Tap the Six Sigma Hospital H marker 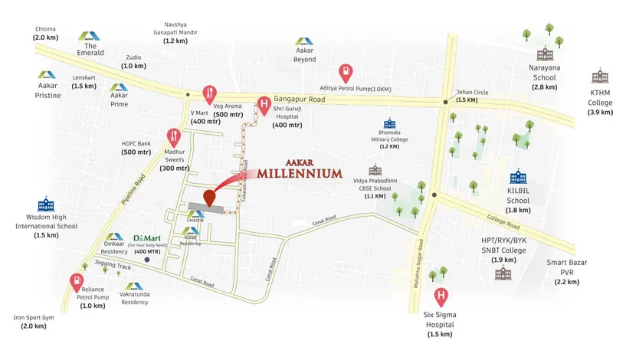point(441,296)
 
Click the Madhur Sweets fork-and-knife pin point(175,136)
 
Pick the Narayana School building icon point(545,54)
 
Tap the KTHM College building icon point(600,77)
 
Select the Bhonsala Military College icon point(390,123)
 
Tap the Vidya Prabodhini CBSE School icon point(375,170)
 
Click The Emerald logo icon point(87,35)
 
